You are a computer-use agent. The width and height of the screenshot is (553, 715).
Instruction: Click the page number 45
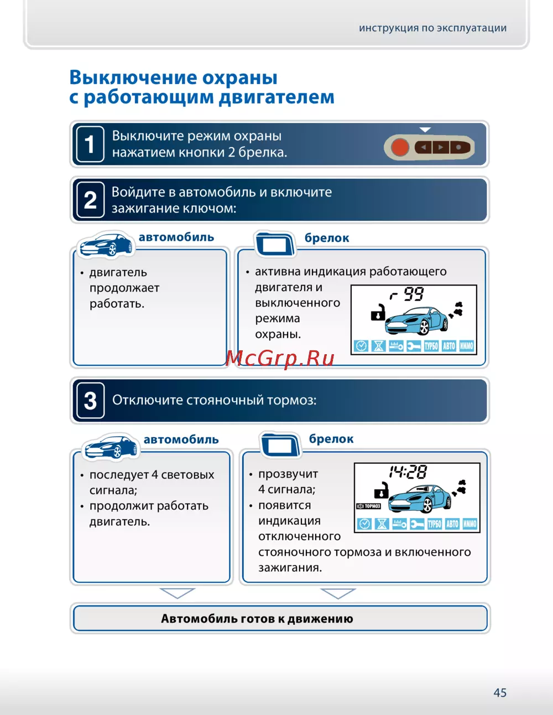point(500,692)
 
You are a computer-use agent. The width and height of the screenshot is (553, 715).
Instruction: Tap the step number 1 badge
point(90,144)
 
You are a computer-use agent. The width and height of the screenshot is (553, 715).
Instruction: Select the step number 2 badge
point(90,200)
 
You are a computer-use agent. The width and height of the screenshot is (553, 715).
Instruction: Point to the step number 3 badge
point(90,401)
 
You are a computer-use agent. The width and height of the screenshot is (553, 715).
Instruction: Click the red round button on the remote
point(400,147)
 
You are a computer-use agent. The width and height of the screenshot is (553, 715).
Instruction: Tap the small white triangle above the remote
point(425,129)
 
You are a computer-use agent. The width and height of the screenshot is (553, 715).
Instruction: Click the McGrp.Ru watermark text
point(280,358)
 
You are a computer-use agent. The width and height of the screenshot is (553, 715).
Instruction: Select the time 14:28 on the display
point(408,472)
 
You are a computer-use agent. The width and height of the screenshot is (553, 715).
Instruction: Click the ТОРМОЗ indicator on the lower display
point(369,506)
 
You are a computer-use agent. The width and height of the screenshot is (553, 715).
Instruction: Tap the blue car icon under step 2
point(106,245)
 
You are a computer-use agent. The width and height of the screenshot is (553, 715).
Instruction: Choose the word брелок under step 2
point(327,238)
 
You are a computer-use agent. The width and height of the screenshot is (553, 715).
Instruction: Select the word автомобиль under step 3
point(181,439)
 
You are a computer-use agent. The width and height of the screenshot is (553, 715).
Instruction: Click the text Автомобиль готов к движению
point(257,619)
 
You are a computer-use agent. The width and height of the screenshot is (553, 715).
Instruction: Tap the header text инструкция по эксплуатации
point(432,28)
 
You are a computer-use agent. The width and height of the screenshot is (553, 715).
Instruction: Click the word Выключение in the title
point(133,77)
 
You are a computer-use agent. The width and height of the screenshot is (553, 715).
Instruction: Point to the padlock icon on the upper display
point(378,313)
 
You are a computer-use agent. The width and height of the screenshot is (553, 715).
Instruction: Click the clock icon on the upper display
point(361,346)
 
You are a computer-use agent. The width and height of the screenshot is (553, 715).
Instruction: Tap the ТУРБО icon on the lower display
point(435,524)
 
